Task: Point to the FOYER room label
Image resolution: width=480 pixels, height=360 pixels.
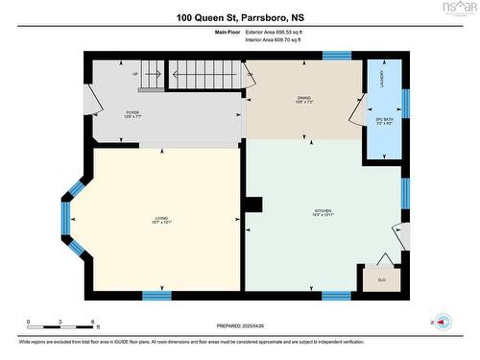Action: tap(132, 112)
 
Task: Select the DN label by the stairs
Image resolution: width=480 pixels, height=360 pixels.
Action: tap(250, 75)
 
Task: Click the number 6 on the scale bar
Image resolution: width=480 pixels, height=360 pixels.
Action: tap(92, 322)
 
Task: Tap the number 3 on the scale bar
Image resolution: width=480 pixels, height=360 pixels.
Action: tap(60, 322)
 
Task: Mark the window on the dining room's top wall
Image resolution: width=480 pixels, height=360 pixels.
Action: tap(336, 56)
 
